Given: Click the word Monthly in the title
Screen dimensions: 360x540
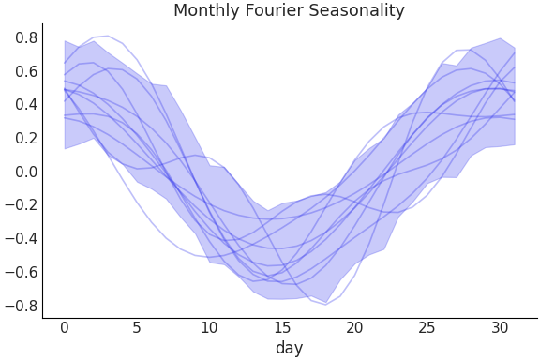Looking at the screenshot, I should click(x=204, y=11).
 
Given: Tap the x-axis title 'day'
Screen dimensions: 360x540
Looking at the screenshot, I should click(x=289, y=348).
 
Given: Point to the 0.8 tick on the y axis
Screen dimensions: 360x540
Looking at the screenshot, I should click(x=26, y=38).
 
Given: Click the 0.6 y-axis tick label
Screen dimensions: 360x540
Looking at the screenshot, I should click(x=26, y=71).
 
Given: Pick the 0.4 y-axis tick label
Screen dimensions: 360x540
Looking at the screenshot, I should click(x=26, y=105).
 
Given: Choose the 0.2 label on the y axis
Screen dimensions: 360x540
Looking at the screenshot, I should click(x=26, y=138).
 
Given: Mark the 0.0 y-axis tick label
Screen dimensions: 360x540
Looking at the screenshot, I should click(x=26, y=172).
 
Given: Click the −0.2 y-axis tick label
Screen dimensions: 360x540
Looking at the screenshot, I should click(x=22, y=205).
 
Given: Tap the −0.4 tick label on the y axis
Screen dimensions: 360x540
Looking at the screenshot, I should click(x=22, y=239).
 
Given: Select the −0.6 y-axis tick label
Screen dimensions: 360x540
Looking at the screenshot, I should click(x=22, y=272).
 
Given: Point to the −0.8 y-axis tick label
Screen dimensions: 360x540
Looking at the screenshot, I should click(x=22, y=306).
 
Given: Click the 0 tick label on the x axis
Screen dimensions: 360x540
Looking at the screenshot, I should click(x=65, y=327).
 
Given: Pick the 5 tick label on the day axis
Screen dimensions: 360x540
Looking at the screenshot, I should click(x=137, y=327).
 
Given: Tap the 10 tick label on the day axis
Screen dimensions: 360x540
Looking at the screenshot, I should click(x=209, y=327).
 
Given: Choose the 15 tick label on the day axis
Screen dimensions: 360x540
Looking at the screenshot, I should click(x=281, y=327).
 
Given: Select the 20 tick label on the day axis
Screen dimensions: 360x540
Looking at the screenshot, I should click(x=354, y=327).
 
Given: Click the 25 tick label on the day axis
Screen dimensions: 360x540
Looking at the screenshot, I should click(x=427, y=327).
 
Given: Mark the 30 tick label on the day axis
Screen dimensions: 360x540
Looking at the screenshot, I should click(x=499, y=327).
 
